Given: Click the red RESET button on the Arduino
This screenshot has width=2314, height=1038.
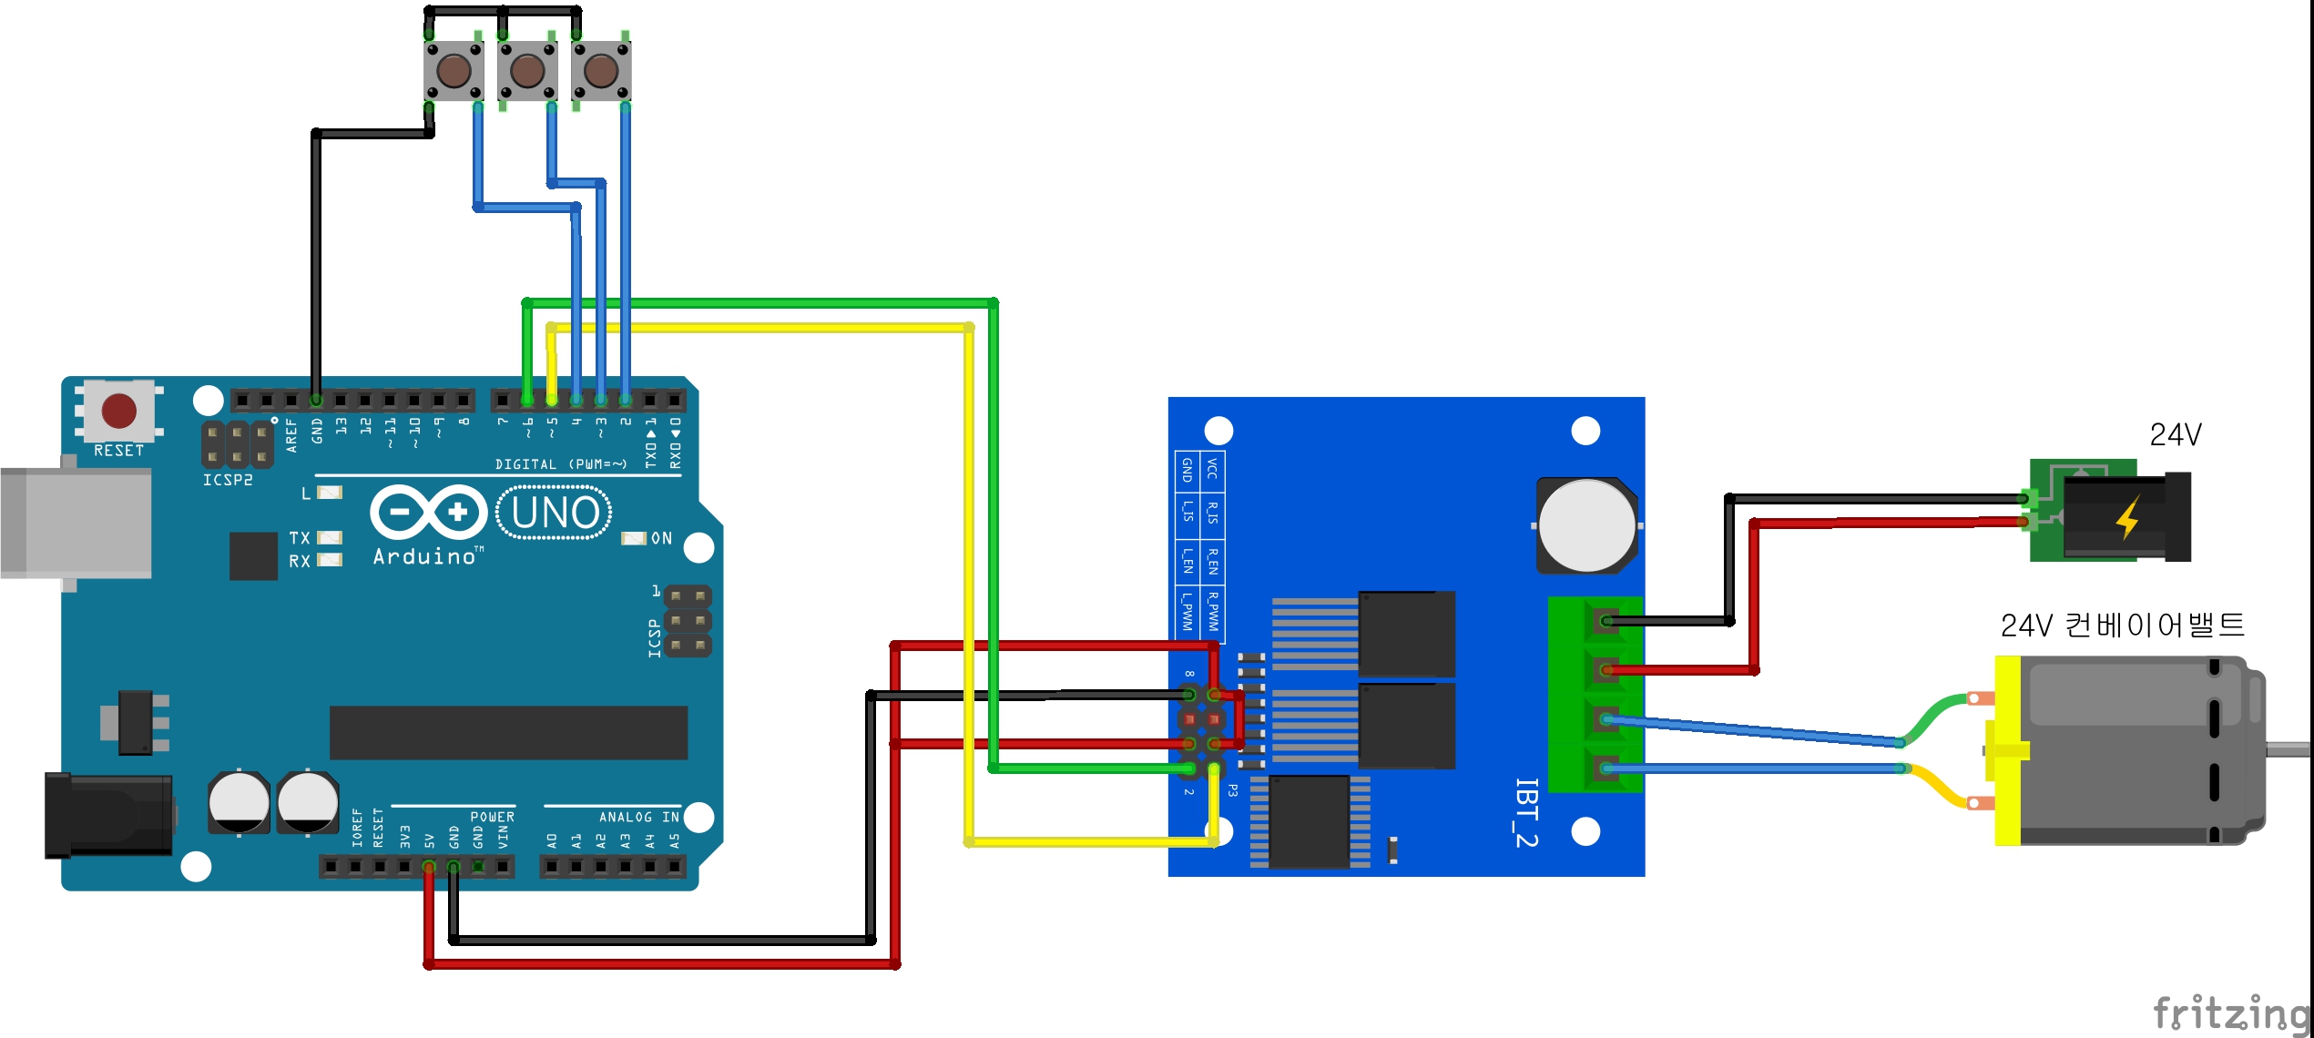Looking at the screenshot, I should click(119, 411).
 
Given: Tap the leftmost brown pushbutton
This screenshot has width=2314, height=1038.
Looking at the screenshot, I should click(454, 70).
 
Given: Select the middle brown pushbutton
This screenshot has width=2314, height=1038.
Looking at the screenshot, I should click(527, 70).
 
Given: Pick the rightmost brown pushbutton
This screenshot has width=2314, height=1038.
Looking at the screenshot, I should click(601, 70).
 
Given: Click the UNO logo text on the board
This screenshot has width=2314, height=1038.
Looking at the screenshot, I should click(555, 513).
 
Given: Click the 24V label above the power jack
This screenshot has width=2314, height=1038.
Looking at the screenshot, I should click(2175, 435).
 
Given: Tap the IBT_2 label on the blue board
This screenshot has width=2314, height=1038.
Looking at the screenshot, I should click(1526, 812).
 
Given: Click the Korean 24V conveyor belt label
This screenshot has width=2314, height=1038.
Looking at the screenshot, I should click(2122, 626).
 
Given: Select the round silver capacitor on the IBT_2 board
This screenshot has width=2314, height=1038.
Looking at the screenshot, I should click(1586, 526).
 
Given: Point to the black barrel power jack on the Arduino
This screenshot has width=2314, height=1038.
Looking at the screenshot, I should click(108, 815).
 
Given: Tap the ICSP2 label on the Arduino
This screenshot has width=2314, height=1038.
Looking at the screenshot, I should click(228, 480).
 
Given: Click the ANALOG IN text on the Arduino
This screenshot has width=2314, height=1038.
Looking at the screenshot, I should click(638, 817).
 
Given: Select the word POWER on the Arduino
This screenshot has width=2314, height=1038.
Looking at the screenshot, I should click(492, 817).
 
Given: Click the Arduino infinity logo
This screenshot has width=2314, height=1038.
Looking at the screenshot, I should click(428, 512).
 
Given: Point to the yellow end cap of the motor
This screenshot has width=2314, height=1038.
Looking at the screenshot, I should click(2007, 750).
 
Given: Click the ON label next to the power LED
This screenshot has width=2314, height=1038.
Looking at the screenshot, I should click(661, 538).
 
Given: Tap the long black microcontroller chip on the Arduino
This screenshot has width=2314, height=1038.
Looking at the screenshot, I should click(508, 732).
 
